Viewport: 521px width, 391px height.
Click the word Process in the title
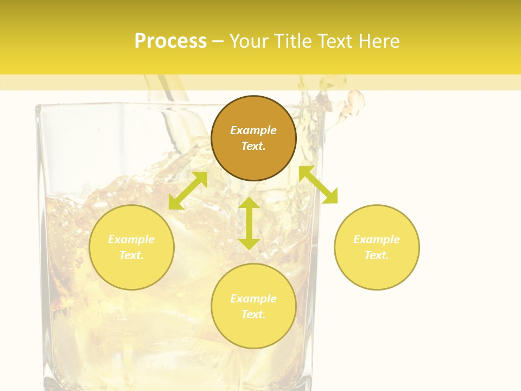[170, 41]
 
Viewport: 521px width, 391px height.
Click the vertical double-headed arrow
[249, 223]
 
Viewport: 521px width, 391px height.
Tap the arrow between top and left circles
[188, 190]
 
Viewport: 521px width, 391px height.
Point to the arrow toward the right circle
[319, 185]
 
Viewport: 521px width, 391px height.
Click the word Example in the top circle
[253, 130]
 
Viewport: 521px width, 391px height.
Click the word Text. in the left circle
[131, 255]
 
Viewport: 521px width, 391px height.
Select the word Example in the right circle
[377, 239]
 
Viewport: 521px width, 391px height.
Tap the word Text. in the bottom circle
[253, 314]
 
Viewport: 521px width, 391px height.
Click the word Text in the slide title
[334, 41]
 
